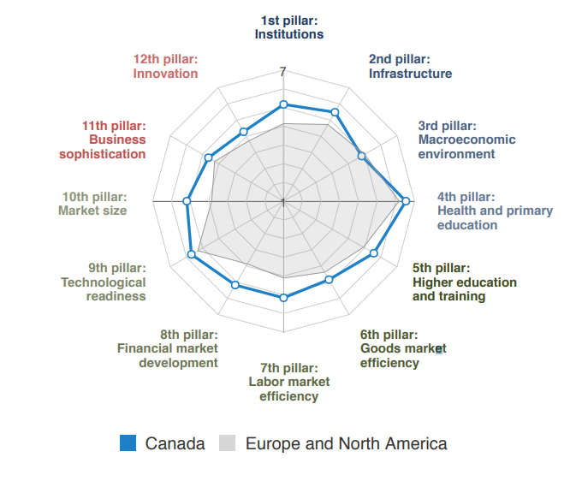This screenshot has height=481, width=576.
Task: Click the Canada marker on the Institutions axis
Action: coord(283,105)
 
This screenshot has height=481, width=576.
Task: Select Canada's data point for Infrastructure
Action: coord(335,112)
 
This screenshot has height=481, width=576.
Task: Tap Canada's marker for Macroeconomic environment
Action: coord(361,156)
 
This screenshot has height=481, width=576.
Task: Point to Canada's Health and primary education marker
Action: coord(406,201)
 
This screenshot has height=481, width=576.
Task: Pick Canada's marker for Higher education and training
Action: coord(373,252)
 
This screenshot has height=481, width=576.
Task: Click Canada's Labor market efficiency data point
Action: coord(283,298)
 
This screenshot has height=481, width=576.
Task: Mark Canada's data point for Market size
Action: coord(187,201)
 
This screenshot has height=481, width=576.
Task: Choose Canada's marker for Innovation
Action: coord(244,131)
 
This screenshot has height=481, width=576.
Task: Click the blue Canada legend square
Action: coord(128,442)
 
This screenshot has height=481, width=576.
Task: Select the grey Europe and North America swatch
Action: coord(228,442)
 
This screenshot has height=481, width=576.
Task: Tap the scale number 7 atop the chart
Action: coord(283,73)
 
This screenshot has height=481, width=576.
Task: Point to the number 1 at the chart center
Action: coord(282,202)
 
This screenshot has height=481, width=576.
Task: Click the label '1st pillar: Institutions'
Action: coord(289,27)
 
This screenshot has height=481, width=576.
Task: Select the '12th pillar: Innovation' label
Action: coord(165,66)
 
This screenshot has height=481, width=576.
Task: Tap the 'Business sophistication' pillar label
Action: coord(103,140)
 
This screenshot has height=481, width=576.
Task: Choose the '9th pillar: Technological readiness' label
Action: coord(104,282)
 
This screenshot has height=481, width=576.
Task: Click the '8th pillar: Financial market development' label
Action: coord(168,348)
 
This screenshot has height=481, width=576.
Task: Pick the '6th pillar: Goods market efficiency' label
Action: coord(402,348)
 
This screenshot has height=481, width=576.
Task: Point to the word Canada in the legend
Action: coord(175,443)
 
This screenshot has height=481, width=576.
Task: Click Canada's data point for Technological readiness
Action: coord(192,253)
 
